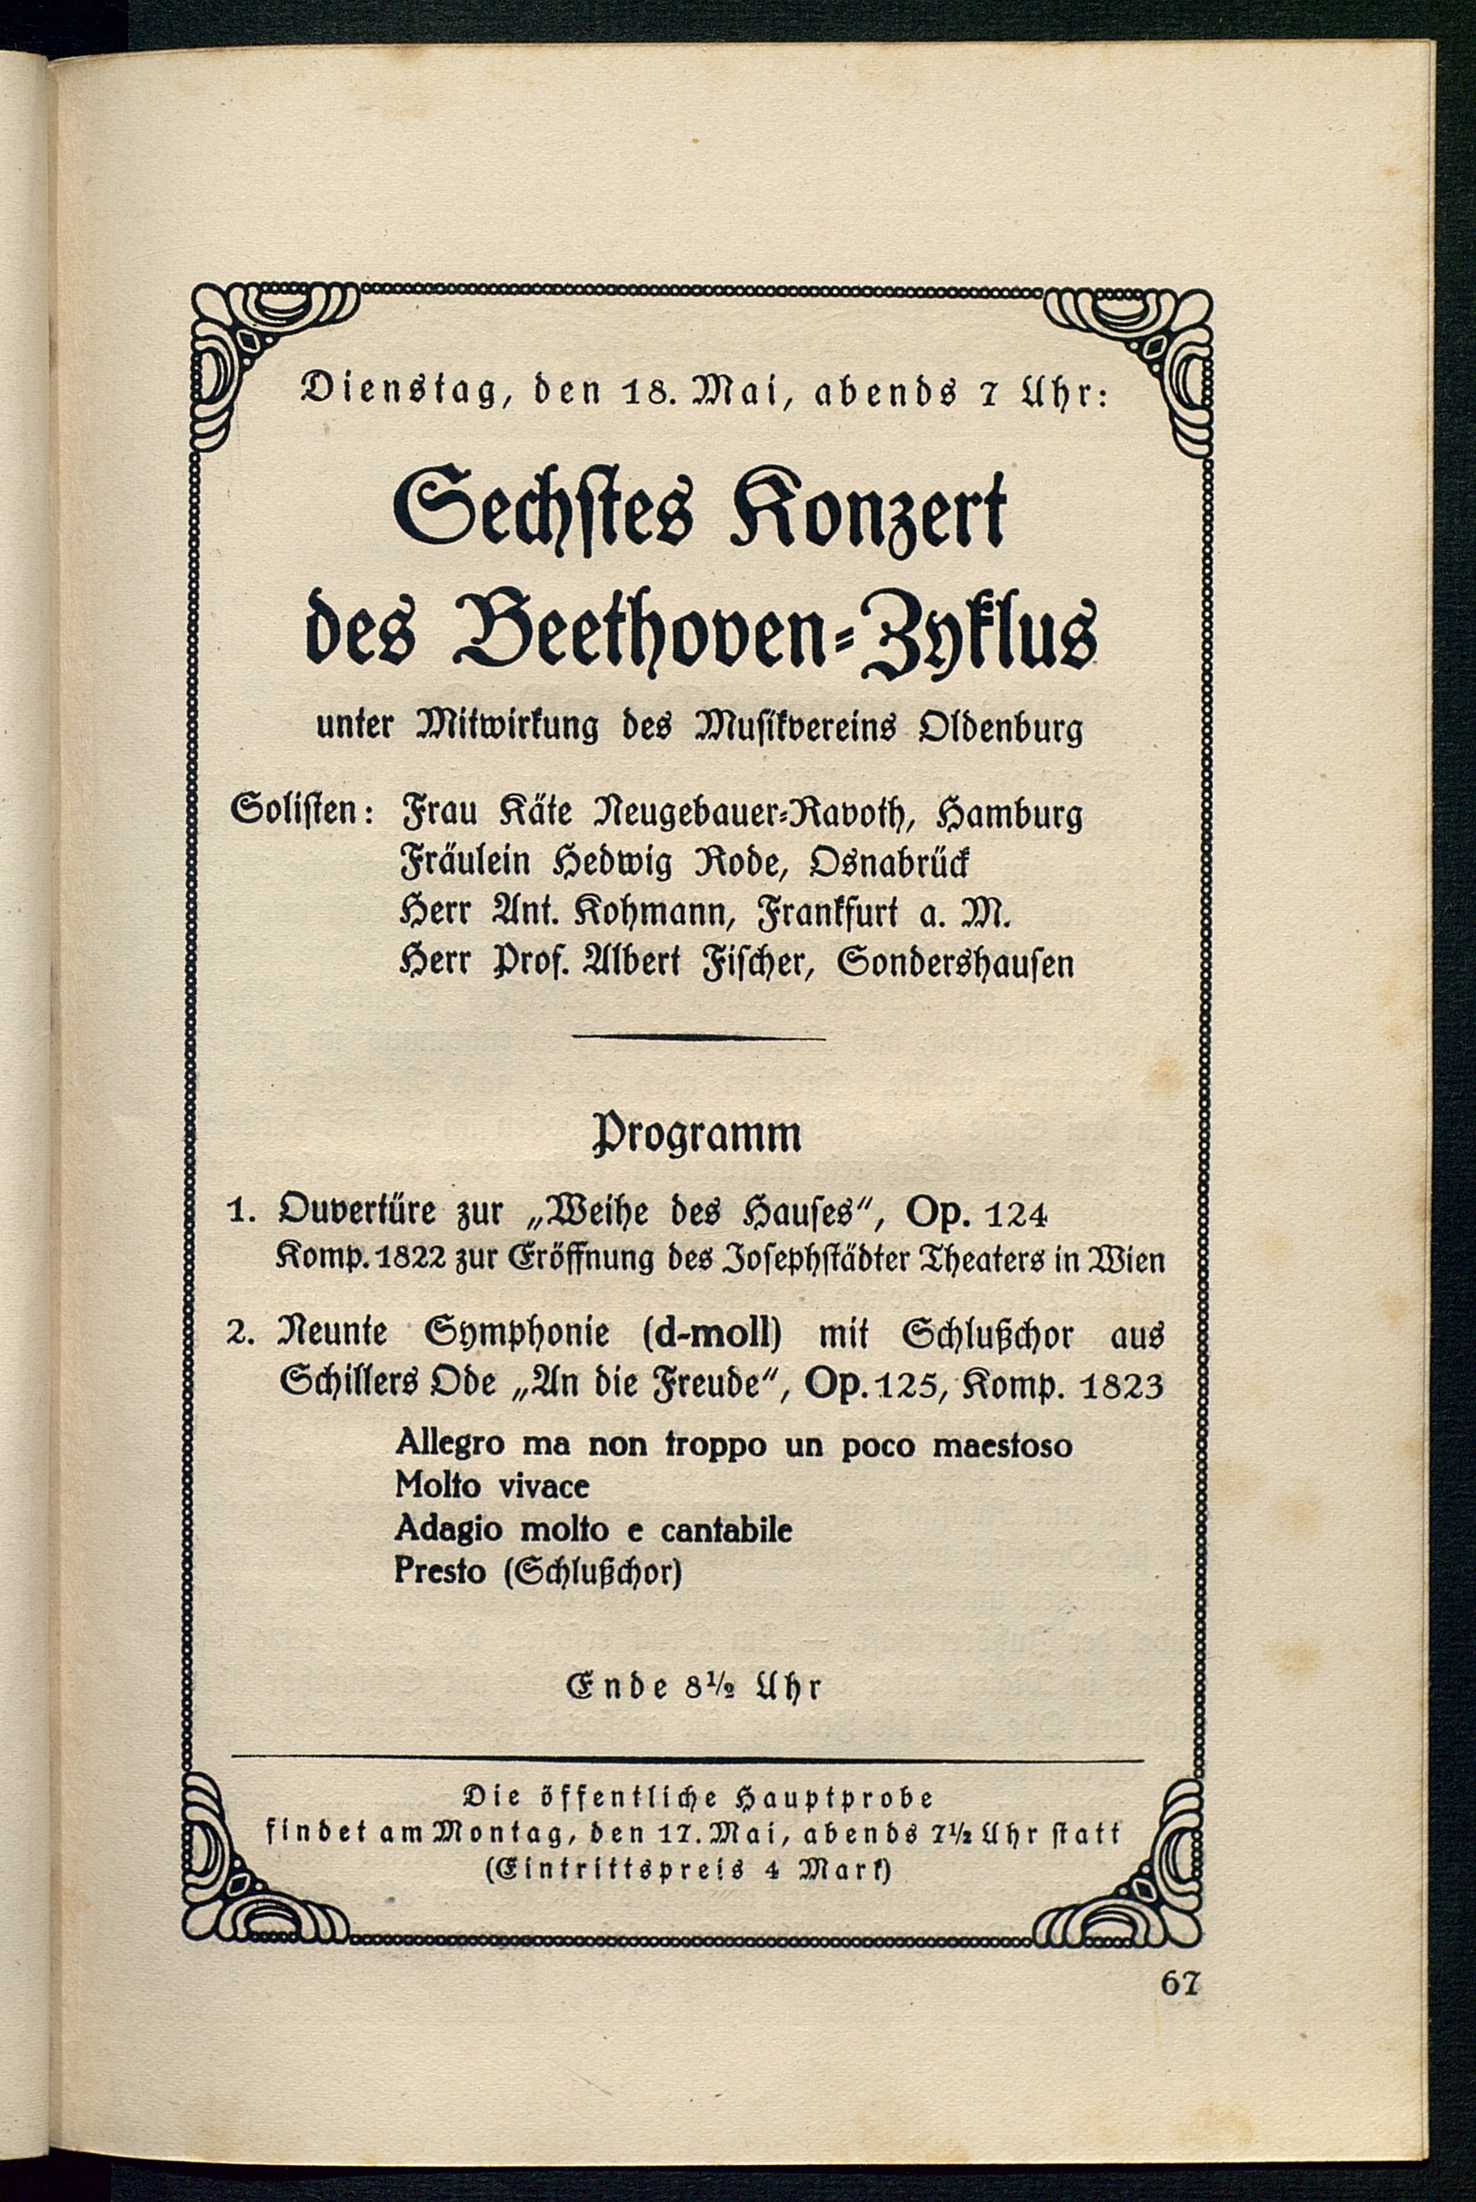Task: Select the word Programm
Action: click(x=695, y=1135)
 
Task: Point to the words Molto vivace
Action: click(x=491, y=1486)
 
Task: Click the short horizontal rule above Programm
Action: click(x=698, y=1038)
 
